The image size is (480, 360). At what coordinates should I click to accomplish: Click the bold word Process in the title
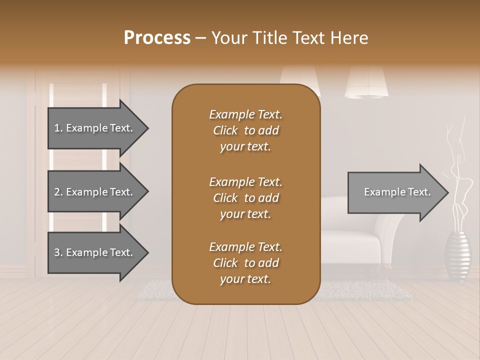pyautogui.click(x=157, y=37)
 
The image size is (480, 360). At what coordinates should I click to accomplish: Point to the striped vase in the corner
pyautogui.click(x=457, y=256)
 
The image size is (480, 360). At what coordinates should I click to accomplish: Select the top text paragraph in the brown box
pyautogui.click(x=245, y=130)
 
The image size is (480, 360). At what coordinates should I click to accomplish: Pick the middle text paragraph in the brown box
pyautogui.click(x=245, y=197)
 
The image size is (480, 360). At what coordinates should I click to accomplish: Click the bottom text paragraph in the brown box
pyautogui.click(x=245, y=263)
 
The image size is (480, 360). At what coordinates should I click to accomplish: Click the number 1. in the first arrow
pyautogui.click(x=58, y=128)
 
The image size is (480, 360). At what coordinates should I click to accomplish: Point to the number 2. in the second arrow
pyautogui.click(x=58, y=192)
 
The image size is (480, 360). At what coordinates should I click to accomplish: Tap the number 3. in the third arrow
pyautogui.click(x=58, y=252)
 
